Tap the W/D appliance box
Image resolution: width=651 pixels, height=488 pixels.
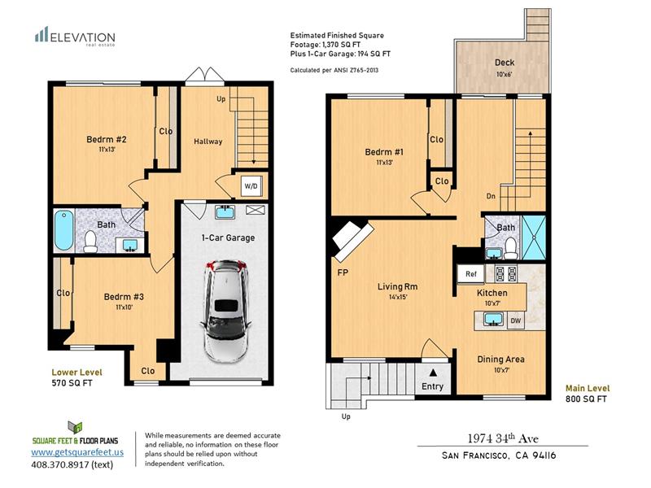click(251, 186)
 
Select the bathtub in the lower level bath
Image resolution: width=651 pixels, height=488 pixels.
click(63, 230)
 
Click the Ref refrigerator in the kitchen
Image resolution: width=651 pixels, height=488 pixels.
click(470, 274)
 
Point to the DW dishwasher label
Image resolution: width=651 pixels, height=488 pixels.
click(515, 320)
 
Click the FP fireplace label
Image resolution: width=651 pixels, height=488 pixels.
click(343, 272)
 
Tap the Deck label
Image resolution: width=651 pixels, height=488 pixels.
click(505, 63)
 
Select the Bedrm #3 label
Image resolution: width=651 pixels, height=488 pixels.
click(124, 297)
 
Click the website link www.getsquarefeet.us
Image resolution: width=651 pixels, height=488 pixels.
click(77, 452)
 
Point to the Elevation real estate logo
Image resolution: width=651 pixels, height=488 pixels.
click(75, 37)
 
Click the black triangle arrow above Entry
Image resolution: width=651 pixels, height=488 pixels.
click(433, 373)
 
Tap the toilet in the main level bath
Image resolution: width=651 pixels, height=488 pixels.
click(510, 247)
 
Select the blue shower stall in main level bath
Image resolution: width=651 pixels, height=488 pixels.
click(534, 237)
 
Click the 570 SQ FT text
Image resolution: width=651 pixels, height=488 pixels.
click(72, 383)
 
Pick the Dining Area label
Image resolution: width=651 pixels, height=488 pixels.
click(500, 359)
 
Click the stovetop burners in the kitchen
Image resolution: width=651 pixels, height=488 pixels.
click(506, 273)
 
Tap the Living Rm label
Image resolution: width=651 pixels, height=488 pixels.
click(397, 286)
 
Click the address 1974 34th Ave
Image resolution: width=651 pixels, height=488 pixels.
click(503, 438)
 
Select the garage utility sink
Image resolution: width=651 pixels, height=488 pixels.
click(225, 211)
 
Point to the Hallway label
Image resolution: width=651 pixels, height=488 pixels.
click(208, 142)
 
